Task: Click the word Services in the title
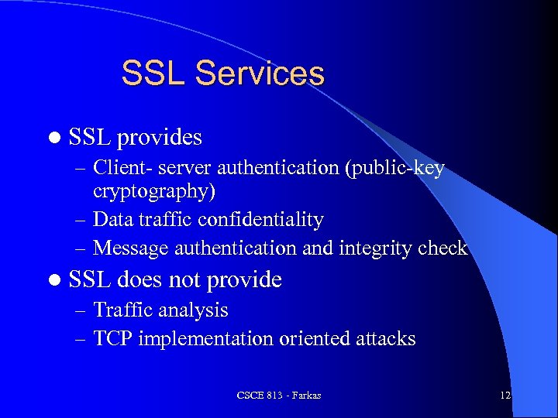(260, 74)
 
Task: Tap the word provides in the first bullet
(160, 138)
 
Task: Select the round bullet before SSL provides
(53, 138)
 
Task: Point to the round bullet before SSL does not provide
(53, 279)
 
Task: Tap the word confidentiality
(260, 220)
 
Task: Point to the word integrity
(373, 248)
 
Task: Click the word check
(442, 248)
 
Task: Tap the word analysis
(193, 310)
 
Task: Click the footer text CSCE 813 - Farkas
(279, 396)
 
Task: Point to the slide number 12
(505, 396)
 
